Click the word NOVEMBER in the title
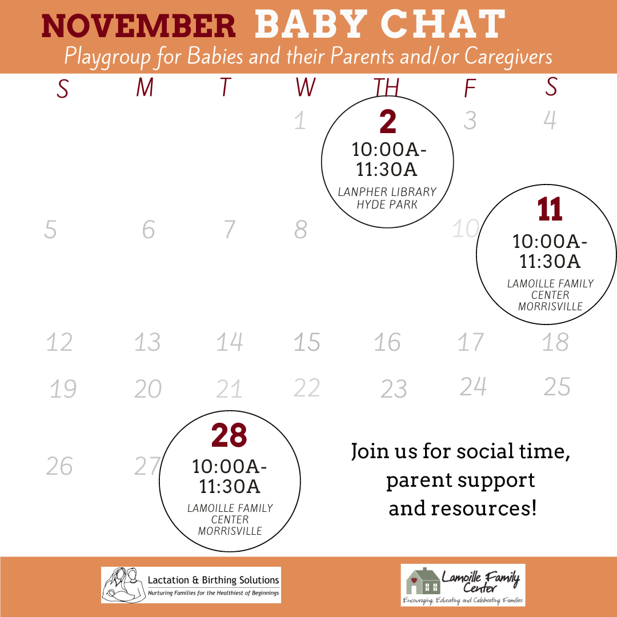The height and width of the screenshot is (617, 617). (138, 26)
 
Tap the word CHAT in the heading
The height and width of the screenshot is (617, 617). (443, 25)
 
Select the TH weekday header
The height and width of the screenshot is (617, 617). (386, 87)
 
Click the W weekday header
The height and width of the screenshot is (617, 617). (306, 87)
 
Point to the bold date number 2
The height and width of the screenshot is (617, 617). (387, 122)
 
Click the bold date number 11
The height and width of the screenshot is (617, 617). (550, 209)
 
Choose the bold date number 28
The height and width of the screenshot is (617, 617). (229, 435)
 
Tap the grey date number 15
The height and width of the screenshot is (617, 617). (307, 342)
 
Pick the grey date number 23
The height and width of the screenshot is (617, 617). (394, 389)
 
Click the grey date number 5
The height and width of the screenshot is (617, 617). (50, 229)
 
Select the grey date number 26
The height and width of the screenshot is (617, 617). (59, 466)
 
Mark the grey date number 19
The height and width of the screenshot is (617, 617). (63, 389)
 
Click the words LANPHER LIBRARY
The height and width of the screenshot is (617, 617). (387, 191)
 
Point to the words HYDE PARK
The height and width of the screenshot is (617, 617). (387, 205)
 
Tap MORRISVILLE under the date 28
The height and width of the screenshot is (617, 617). (230, 531)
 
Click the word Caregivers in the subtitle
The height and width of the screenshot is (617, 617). (508, 56)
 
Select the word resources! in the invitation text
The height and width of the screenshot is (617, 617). (463, 508)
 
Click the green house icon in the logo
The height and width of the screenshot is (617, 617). (423, 580)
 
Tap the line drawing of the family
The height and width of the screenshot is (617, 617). (123, 585)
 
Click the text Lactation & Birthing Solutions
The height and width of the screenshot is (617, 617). (213, 580)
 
